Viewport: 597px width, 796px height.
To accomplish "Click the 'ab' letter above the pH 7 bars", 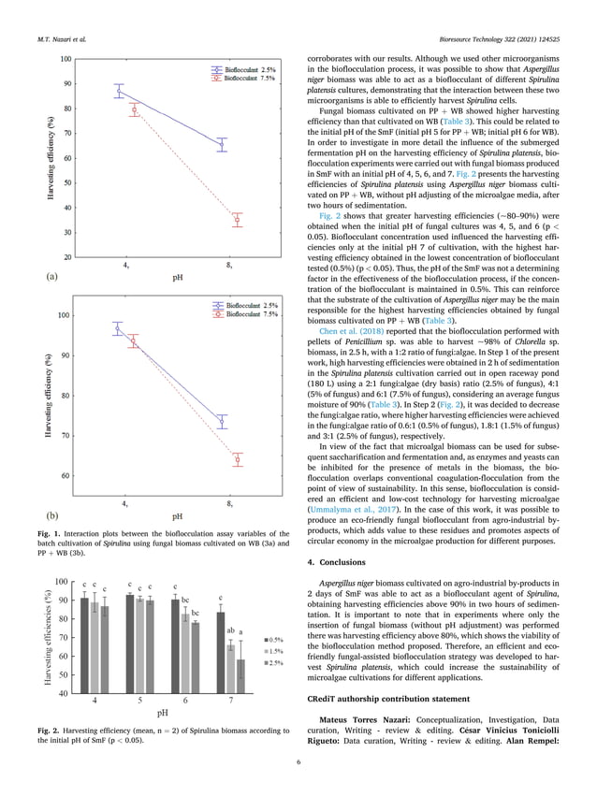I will coord(230,631).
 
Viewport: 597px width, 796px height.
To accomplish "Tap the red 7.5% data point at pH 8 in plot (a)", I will coord(237,220).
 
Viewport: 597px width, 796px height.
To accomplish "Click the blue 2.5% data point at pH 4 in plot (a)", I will coord(119,91).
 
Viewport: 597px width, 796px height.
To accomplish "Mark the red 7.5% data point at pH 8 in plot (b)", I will coord(237,459).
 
